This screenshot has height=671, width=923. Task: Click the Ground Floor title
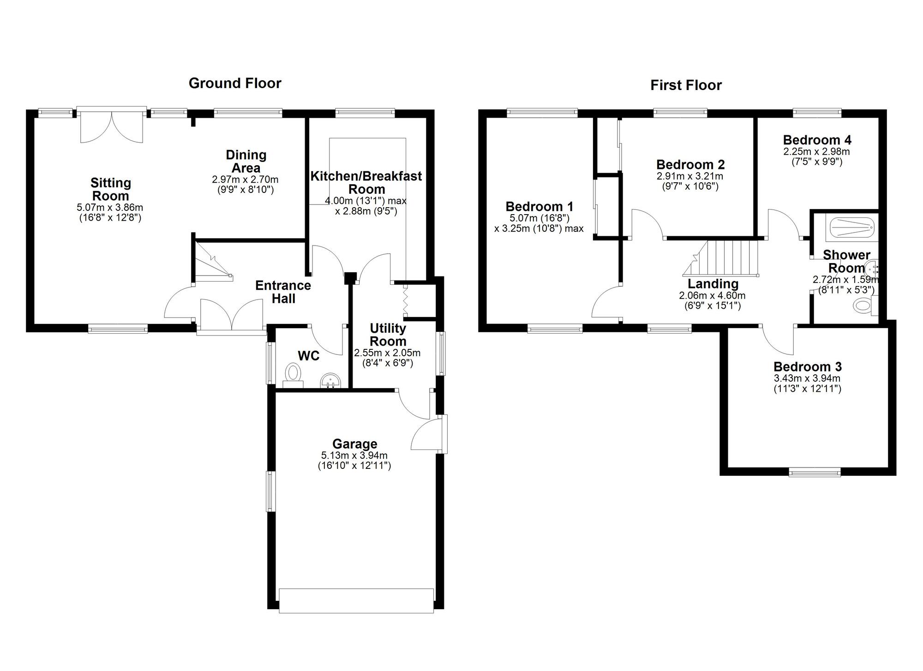235,83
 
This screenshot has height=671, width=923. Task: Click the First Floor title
686,85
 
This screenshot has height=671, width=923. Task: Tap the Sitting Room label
111,189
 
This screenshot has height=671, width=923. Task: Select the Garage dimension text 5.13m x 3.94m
354,456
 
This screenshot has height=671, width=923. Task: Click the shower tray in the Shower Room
852,228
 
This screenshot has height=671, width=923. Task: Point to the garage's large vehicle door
356,601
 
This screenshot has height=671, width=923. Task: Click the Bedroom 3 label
808,367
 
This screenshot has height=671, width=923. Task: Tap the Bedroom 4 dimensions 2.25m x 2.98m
817,151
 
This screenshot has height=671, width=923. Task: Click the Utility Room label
388,335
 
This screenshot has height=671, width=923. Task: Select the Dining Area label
246,162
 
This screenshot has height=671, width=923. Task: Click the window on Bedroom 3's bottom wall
815,472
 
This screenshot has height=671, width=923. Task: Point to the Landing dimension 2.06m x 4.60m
712,296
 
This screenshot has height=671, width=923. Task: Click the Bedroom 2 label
690,165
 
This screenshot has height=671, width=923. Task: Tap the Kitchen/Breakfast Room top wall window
365,112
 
